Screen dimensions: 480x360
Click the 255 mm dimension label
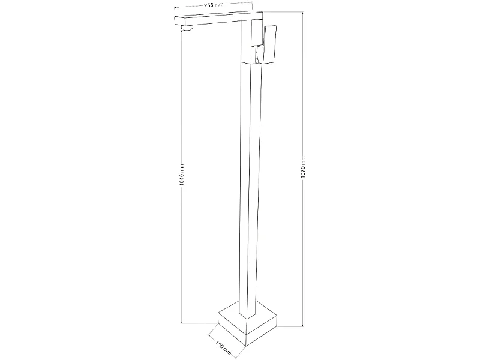214,5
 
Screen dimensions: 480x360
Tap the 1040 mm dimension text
182,175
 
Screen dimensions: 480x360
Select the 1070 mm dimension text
303,167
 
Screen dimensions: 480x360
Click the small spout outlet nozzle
188,28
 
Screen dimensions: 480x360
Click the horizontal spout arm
218,19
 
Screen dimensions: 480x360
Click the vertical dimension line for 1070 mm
303,169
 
